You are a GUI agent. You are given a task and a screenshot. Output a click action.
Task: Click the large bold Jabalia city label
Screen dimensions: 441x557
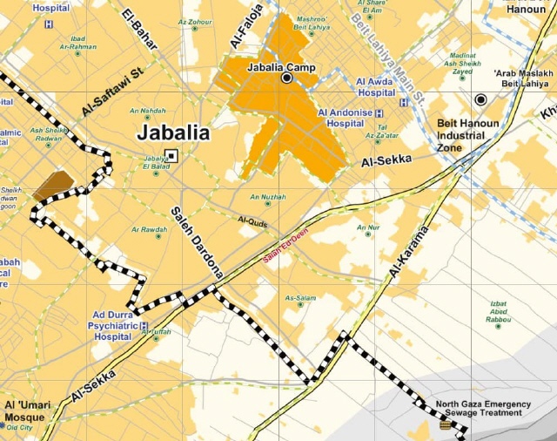click(174, 133)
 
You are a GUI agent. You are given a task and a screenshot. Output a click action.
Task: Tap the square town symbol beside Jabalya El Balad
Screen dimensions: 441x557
click(171, 156)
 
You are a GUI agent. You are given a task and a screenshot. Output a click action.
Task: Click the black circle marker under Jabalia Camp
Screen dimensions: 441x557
click(286, 78)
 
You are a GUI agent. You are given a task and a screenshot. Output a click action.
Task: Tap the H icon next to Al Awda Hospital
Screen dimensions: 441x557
click(403, 102)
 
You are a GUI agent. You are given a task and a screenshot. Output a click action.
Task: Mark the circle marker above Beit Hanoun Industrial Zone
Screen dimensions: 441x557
click(480, 99)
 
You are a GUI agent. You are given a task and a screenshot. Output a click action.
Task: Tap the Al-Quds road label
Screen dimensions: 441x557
click(252, 221)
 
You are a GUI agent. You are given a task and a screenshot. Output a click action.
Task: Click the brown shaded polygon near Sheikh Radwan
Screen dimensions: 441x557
click(54, 184)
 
